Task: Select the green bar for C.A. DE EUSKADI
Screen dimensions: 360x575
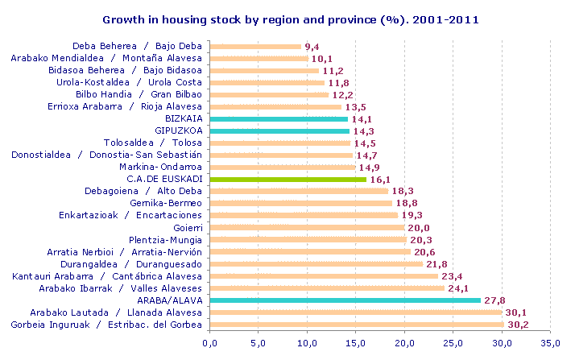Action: click(x=288, y=179)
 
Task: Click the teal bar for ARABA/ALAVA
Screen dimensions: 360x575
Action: click(x=345, y=300)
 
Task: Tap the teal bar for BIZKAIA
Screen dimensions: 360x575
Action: click(x=279, y=118)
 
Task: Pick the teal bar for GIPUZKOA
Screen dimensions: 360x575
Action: click(x=279, y=130)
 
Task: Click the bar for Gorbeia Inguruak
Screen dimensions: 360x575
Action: click(x=357, y=325)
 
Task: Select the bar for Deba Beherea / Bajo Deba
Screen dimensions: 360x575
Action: click(x=255, y=46)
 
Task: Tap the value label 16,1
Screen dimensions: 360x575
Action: click(x=381, y=179)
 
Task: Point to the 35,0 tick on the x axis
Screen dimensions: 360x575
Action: click(x=552, y=344)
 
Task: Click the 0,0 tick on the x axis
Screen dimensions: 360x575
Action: click(x=210, y=344)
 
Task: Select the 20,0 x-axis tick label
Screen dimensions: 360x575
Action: click(x=405, y=344)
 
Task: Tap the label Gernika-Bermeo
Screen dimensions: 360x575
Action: click(x=168, y=203)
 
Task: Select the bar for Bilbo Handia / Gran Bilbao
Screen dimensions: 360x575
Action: click(x=269, y=94)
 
